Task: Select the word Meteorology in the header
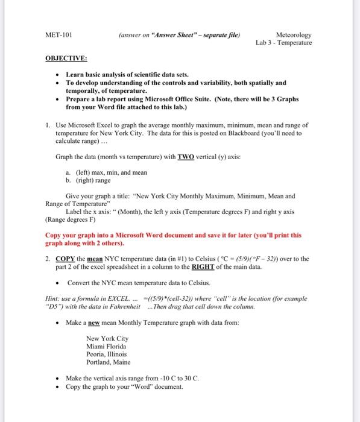[293, 35]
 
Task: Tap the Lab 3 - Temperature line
[283, 43]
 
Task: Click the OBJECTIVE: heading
[66, 58]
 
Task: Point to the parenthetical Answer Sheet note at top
[175, 35]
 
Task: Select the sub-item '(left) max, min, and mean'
[107, 172]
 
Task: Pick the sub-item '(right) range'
[88, 180]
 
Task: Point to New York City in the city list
[107, 338]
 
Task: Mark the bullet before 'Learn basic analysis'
[56, 75]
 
